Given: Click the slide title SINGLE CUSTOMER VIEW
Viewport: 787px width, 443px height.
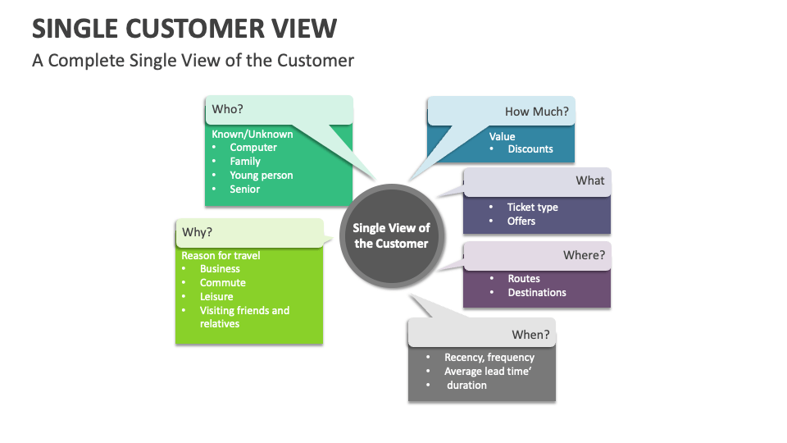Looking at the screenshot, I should pyautogui.click(x=184, y=28).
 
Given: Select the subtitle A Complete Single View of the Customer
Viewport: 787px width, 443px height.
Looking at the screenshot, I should pyautogui.click(x=193, y=61).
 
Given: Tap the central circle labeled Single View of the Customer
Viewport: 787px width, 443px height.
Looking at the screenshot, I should pyautogui.click(x=391, y=236).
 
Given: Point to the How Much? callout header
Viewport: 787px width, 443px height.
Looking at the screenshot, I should pyautogui.click(x=536, y=112).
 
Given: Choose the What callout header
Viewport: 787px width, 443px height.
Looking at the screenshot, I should pyautogui.click(x=589, y=180).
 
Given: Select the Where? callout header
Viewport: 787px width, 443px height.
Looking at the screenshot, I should pyautogui.click(x=584, y=255).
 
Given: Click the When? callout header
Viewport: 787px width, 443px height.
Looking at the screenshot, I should pyautogui.click(x=530, y=335).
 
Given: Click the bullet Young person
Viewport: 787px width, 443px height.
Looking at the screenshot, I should pyautogui.click(x=261, y=175).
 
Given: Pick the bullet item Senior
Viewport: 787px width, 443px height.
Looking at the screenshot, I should pyautogui.click(x=244, y=189).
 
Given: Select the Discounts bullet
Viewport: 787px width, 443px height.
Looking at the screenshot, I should pyautogui.click(x=530, y=148).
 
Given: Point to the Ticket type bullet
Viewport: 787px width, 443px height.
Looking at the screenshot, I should pyautogui.click(x=532, y=207).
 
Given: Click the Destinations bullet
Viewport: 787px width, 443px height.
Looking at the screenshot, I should pyautogui.click(x=536, y=292).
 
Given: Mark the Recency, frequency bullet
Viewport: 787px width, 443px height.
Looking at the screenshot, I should pyautogui.click(x=489, y=357).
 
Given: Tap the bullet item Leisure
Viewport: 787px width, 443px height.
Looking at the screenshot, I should pyautogui.click(x=216, y=296).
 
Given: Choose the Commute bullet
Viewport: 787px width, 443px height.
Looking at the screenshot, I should pyautogui.click(x=222, y=282).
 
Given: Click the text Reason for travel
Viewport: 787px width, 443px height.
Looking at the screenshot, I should pyautogui.click(x=221, y=255).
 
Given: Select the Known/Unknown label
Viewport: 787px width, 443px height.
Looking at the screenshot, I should pyautogui.click(x=252, y=134).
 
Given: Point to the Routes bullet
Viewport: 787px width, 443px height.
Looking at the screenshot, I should pyautogui.click(x=523, y=278).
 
